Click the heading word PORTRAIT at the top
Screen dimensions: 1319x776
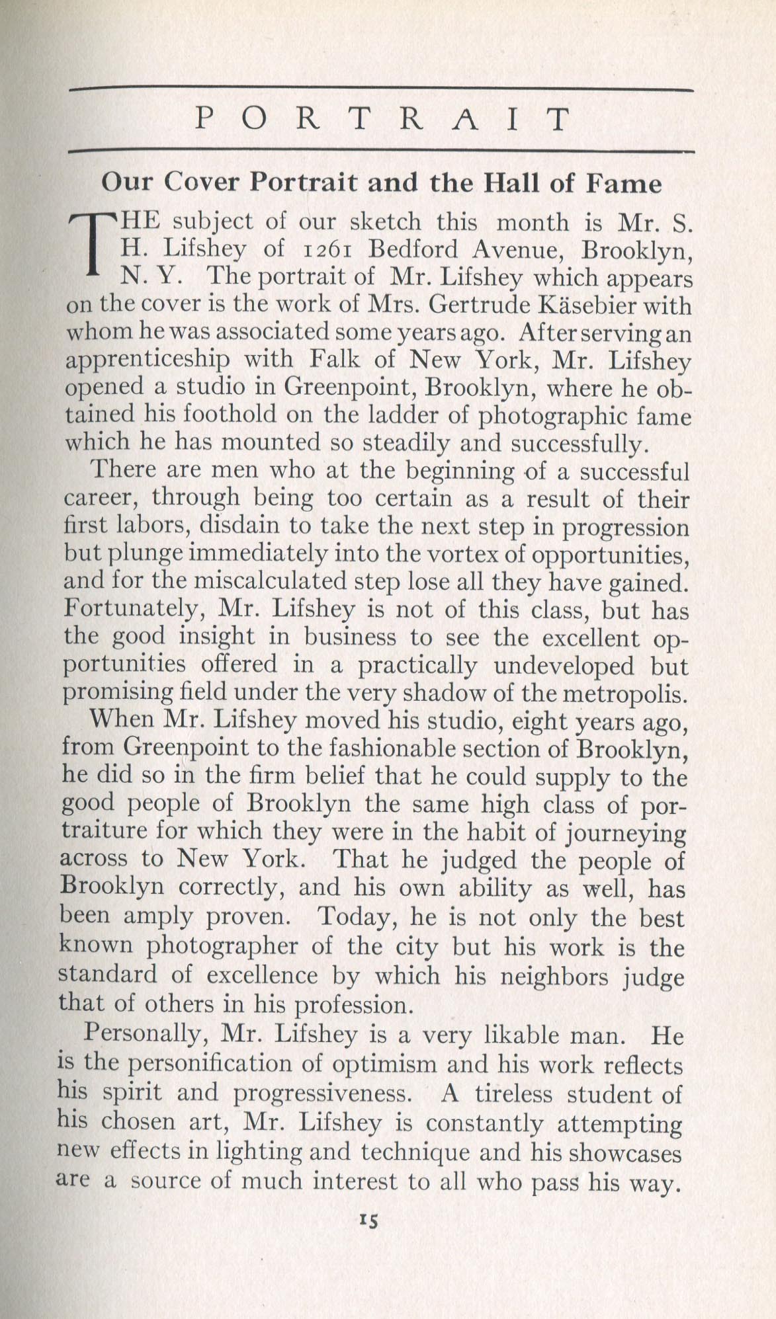click(x=382, y=120)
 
